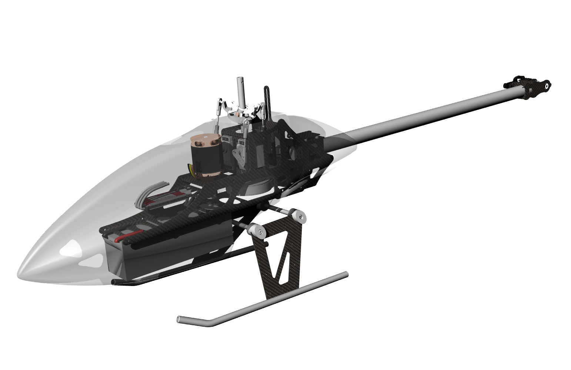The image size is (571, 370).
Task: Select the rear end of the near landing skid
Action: [x=345, y=274]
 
